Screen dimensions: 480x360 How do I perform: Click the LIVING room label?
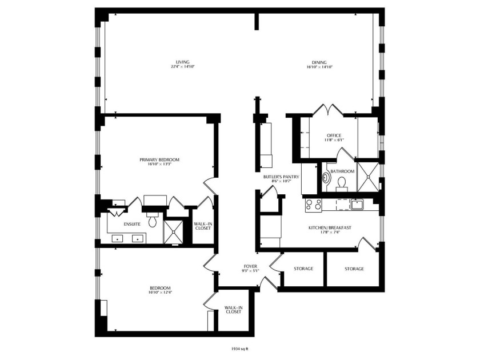coord(183,62)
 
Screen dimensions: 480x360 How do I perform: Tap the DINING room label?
coord(319,62)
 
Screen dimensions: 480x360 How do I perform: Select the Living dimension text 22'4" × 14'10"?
coord(183,67)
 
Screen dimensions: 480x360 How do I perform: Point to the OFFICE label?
coord(334,135)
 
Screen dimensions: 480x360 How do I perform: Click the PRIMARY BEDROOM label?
coord(159,160)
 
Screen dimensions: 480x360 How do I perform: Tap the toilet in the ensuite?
coord(152,221)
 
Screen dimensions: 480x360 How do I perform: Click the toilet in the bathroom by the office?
coord(341,183)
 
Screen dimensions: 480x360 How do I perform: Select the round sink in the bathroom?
coord(326,178)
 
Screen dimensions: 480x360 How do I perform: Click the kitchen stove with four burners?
coord(313,205)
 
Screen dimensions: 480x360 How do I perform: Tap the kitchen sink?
coord(357,204)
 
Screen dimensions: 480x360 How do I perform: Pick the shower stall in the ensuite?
coord(173,232)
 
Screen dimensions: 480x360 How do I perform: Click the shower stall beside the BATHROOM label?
coord(368,177)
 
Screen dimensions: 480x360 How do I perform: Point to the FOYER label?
coord(250,267)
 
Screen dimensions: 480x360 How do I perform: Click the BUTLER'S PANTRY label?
coord(281,177)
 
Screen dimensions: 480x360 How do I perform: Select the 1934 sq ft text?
coord(238,349)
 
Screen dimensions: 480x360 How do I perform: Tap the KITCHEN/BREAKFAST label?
coord(330,228)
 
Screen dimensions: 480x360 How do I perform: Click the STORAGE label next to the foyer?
coord(303,269)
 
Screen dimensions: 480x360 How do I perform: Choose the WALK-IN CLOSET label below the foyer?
coord(234,310)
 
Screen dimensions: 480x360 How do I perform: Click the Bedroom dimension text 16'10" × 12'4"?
coord(160,293)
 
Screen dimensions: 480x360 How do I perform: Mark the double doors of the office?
coord(328,110)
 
